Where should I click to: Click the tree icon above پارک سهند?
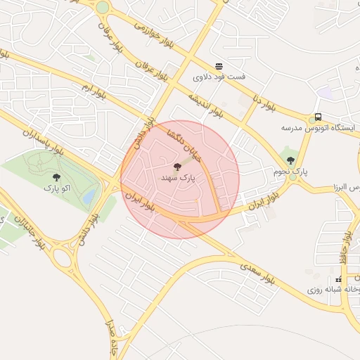pyautogui.click(x=176, y=167)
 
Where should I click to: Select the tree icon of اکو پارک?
pyautogui.click(x=56, y=177)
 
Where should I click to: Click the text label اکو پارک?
pyautogui.click(x=56, y=188)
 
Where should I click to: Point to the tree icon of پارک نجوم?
pyautogui.click(x=290, y=160)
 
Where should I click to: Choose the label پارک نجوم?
pyautogui.click(x=290, y=172)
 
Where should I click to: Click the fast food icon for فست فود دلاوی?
pyautogui.click(x=219, y=65)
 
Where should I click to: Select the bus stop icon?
pyautogui.click(x=319, y=117)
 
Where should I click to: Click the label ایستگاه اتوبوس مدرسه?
pyautogui.click(x=319, y=128)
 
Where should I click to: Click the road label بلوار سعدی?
pyautogui.click(x=256, y=271)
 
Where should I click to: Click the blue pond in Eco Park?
pyautogui.click(x=89, y=198)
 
